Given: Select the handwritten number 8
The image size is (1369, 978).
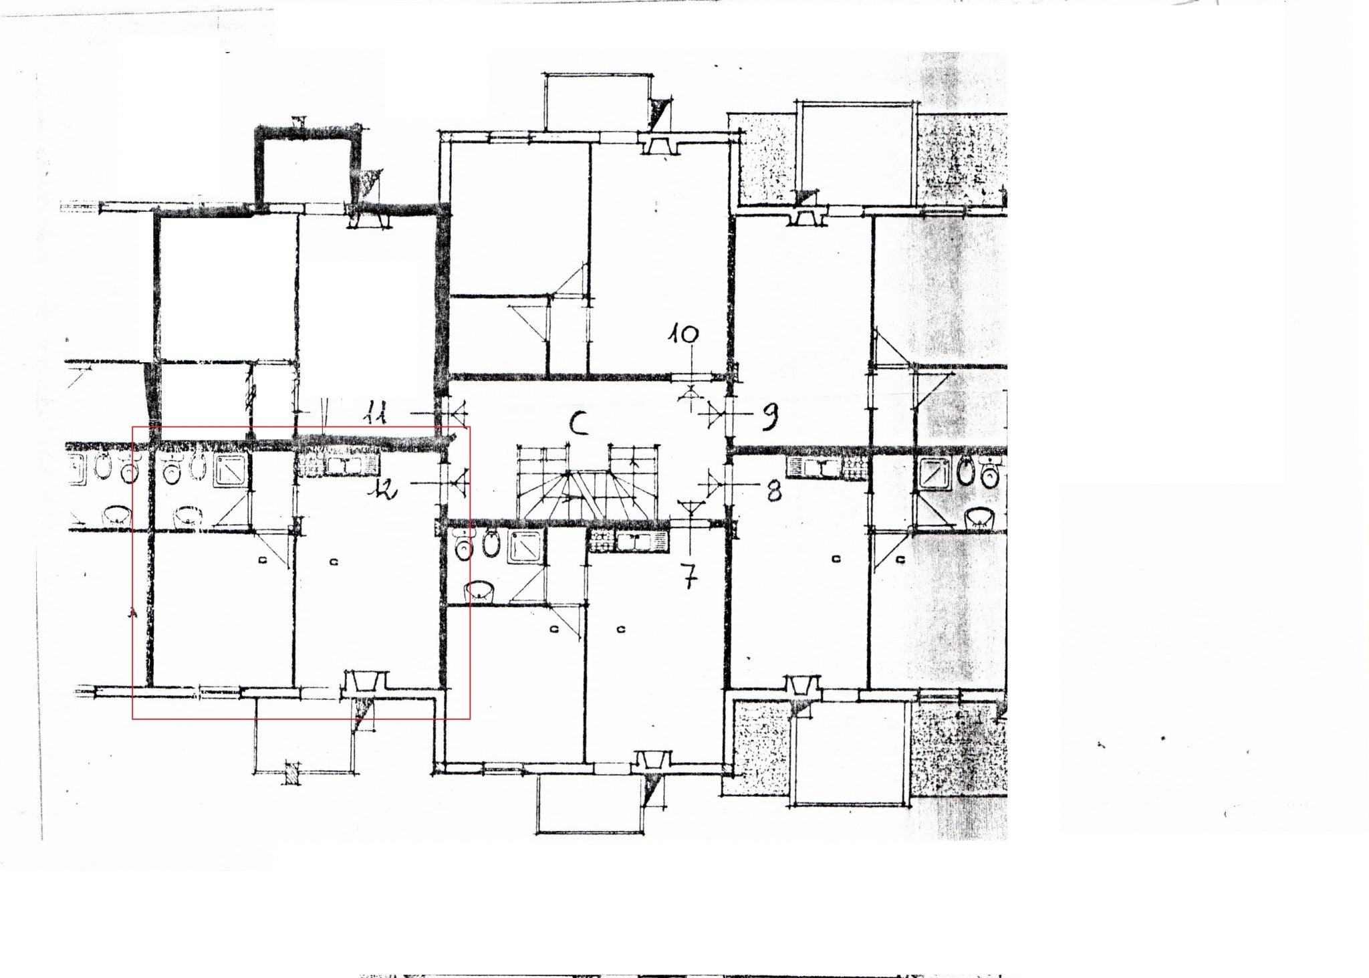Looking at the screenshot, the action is pos(773,492).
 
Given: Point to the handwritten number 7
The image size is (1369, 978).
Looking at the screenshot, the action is pos(690,576).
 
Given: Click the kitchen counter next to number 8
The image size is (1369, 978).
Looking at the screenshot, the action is pos(826,467).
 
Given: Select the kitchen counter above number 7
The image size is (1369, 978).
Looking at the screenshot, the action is pos(628,541).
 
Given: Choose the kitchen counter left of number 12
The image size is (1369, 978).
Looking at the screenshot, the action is pos(338,465).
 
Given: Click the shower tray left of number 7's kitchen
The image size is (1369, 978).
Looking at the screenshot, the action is pos(526,546).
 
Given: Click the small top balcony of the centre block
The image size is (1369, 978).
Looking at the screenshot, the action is pos(598,103).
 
